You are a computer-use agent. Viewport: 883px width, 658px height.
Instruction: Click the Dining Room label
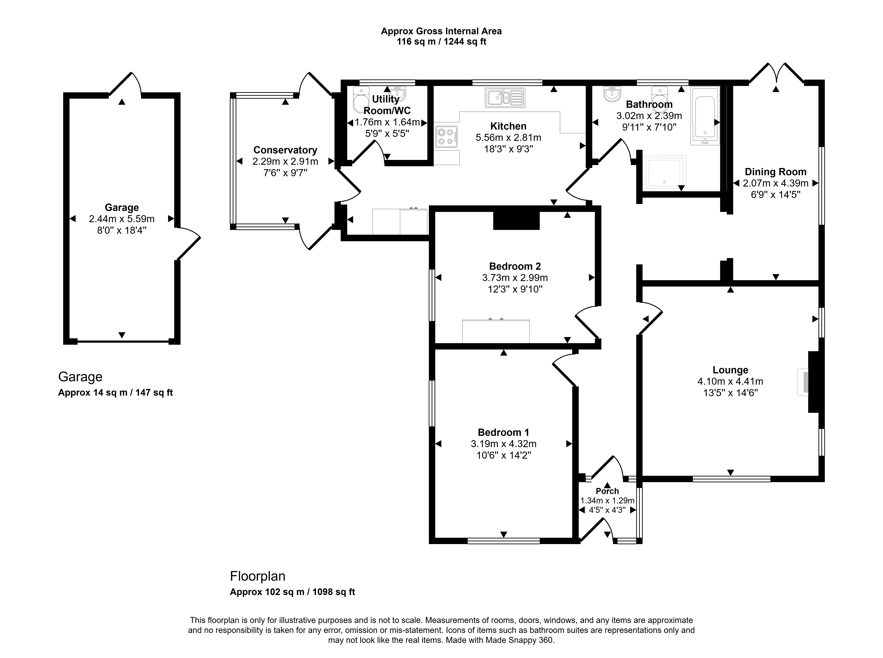(775, 172)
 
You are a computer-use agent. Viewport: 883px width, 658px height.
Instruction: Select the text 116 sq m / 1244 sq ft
(441, 41)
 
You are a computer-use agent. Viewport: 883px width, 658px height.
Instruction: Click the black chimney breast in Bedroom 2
(516, 220)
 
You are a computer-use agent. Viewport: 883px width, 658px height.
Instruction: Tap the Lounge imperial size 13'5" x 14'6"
(730, 393)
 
